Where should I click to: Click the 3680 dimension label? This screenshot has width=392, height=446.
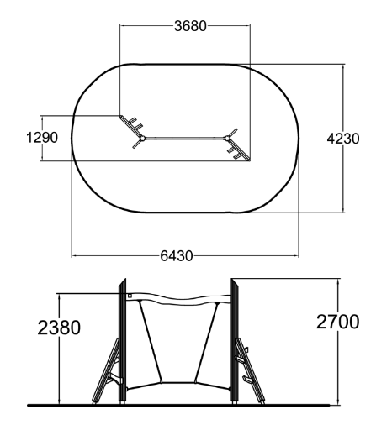(x=190, y=26)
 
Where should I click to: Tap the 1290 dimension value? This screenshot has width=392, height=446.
(x=42, y=138)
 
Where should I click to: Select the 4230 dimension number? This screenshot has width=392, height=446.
(x=343, y=139)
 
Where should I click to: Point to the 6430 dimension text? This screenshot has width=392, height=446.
(x=177, y=256)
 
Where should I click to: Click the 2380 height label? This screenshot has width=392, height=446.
(x=59, y=328)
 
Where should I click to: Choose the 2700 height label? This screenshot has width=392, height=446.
(x=338, y=322)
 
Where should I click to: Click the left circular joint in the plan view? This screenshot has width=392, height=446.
(x=143, y=139)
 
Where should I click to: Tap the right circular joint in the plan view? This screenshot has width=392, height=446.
(x=227, y=139)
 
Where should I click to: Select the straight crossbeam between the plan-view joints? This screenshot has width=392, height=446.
(x=185, y=139)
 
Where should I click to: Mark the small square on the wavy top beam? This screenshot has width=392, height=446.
(x=130, y=296)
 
